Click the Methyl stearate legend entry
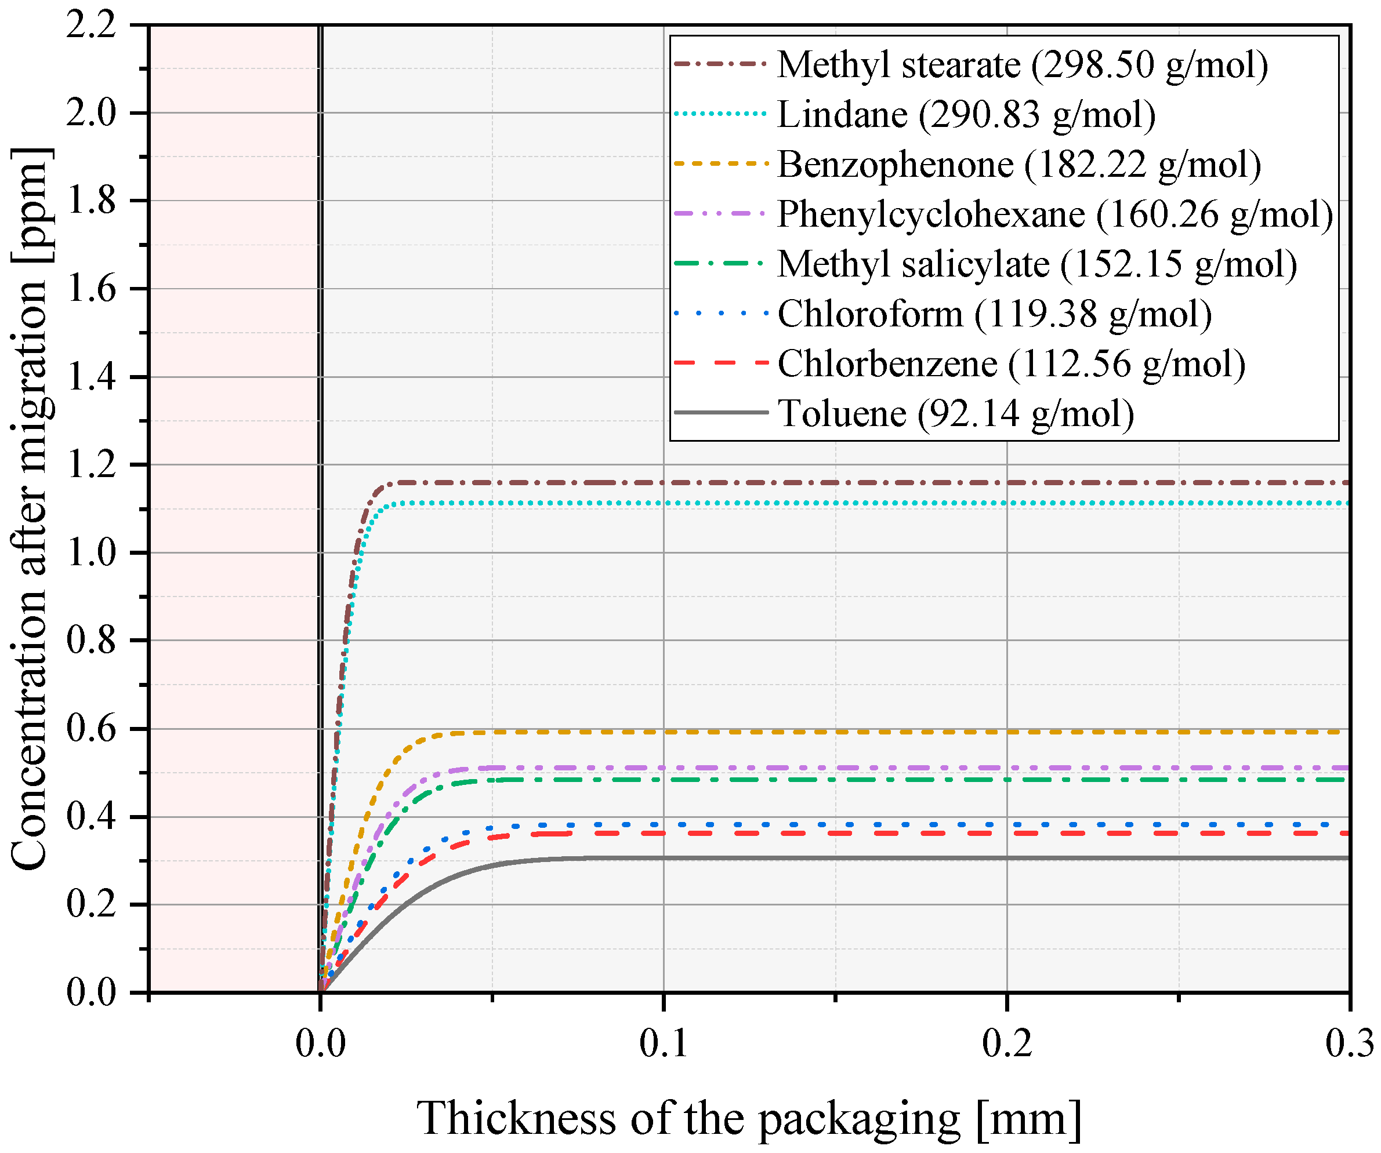coord(1022,65)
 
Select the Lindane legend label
coord(966,115)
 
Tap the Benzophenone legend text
coord(1019,165)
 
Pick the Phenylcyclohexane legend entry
coord(1055,215)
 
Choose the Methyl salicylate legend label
coord(1037,264)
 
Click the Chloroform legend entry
coord(994,314)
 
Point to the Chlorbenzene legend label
coord(1012,364)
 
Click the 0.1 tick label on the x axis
coord(664,1043)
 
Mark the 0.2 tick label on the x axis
coord(1007,1043)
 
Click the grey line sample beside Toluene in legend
coord(722,413)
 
